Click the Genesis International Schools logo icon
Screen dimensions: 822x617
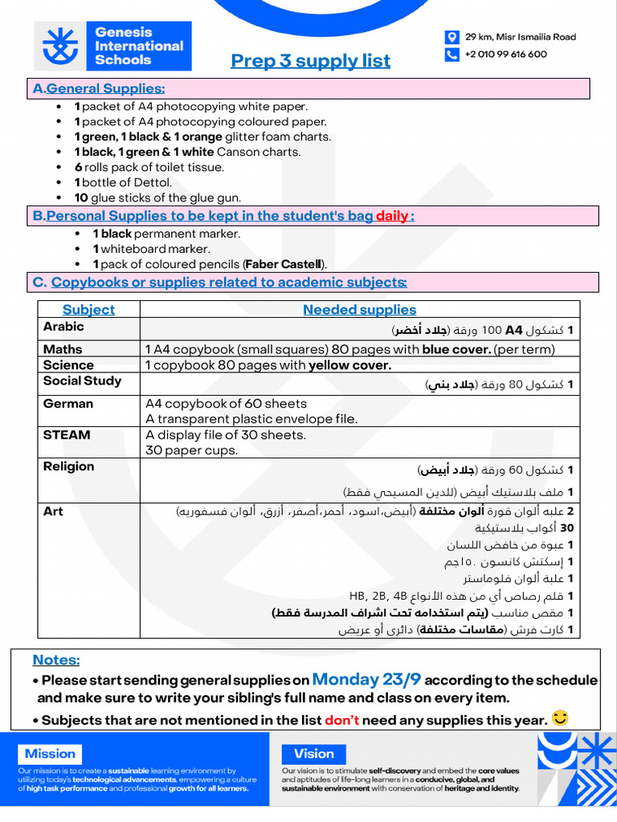tap(62, 47)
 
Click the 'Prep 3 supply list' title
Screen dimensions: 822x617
tap(310, 61)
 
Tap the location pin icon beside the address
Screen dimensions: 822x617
tap(452, 37)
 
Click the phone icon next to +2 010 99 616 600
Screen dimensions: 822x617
tap(452, 55)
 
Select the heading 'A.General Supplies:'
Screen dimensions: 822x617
tap(99, 88)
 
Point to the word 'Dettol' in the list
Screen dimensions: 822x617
tap(153, 182)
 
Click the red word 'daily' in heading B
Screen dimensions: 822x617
tap(392, 216)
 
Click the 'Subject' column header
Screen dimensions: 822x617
tap(88, 310)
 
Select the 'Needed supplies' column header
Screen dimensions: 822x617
tap(359, 310)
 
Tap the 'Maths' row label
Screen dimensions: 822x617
tap(63, 349)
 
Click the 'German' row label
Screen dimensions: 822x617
tap(68, 404)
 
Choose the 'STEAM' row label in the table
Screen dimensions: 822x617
tap(67, 435)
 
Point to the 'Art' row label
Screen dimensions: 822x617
tap(53, 511)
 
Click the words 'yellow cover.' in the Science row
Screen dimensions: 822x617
tap(350, 365)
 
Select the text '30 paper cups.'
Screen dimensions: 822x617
tap(191, 451)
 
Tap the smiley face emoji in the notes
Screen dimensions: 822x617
tap(560, 718)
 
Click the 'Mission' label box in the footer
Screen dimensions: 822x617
tap(50, 754)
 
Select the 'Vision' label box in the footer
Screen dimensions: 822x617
tap(313, 754)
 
